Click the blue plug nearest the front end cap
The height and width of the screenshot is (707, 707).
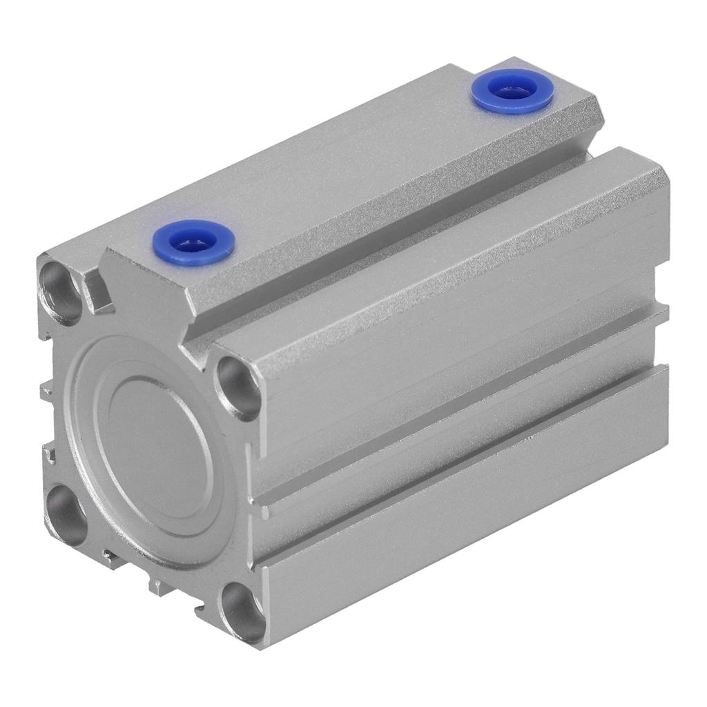193,242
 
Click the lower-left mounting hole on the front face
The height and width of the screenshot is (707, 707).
66,514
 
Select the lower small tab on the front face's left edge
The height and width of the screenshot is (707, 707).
48,456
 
